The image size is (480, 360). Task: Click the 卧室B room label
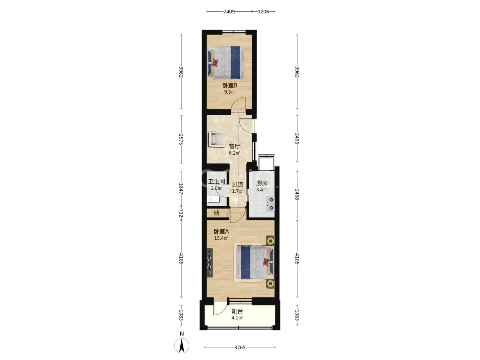pos(230,85)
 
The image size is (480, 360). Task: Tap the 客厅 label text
pos(235,146)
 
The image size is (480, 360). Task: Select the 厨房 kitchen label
pos(262,183)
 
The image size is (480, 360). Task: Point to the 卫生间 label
pos(216,181)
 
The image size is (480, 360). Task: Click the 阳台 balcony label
pos(237,311)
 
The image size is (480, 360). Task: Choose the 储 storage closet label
pos(216,213)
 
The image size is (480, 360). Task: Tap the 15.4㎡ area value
pos(221,238)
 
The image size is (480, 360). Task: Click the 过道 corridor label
pos(238,184)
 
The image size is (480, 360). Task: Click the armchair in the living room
pos(217,139)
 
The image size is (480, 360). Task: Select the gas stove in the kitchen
pos(270,204)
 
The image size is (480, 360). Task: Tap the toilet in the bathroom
pos(213,199)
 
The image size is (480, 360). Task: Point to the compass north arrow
pos(182,345)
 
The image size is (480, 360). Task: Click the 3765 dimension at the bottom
pos(240,347)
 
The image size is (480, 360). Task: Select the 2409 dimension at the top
pos(229,12)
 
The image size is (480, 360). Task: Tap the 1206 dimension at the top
pos(263,12)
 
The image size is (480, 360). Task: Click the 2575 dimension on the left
pos(181,139)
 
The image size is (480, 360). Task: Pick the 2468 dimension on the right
pos(297,194)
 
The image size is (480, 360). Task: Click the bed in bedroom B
pos(226,62)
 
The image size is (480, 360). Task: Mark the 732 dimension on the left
pos(181,213)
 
